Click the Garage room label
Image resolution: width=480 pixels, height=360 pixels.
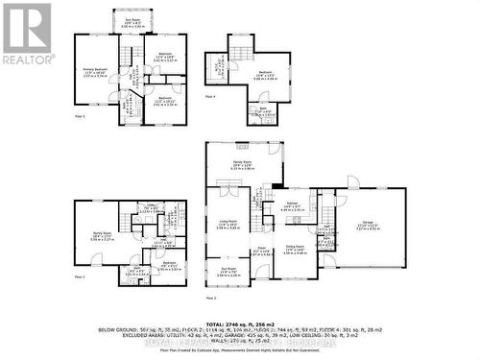[368, 227]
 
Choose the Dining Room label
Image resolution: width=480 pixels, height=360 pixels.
[293, 251]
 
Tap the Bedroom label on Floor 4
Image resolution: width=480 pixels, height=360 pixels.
[265, 76]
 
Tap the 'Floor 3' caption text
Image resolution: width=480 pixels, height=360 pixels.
[80, 116]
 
